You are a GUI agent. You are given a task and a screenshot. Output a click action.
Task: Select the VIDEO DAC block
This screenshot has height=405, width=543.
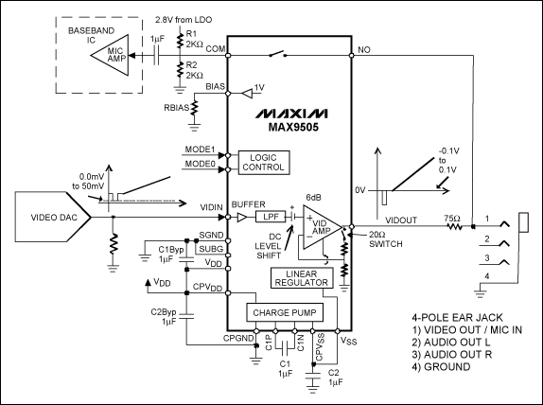[x=48, y=217]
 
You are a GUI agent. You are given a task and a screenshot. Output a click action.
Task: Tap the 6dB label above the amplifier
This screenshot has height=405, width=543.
[x=312, y=196]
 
